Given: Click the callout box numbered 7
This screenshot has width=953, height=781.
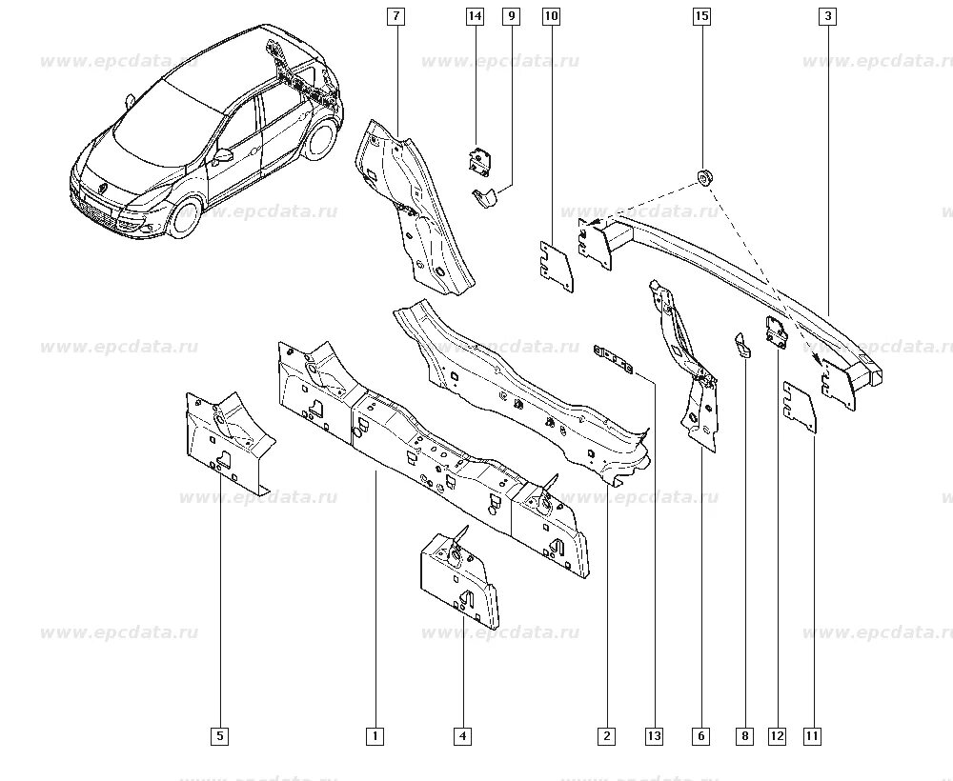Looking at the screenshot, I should [x=395, y=16].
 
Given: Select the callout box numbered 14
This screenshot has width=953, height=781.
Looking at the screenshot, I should [x=475, y=16].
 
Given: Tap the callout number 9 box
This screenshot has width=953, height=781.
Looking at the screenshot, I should [x=511, y=16].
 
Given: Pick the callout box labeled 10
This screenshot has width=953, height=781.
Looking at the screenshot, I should [x=551, y=16].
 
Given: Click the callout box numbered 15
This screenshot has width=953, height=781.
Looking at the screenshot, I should [x=701, y=16].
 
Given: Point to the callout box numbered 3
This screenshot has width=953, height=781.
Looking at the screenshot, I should [x=827, y=16].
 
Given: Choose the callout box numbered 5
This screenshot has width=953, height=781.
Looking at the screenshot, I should [x=221, y=735].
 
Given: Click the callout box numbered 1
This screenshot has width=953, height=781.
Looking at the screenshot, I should [x=375, y=735].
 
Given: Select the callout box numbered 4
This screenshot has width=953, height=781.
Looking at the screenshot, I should [x=462, y=735].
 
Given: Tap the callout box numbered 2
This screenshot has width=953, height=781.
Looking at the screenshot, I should [x=607, y=735].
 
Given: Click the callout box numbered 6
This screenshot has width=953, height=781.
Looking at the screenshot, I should [x=702, y=735].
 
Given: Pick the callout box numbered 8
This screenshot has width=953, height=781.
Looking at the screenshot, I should [x=744, y=735].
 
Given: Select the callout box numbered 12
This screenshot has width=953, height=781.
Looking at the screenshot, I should [x=777, y=735].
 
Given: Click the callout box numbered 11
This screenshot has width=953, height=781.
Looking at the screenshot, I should [x=812, y=735].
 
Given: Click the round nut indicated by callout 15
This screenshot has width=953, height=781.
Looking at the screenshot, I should [x=704, y=175].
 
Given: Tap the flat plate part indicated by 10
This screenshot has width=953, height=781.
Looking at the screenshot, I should [x=552, y=265].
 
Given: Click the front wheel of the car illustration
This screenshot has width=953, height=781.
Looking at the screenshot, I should [x=183, y=218].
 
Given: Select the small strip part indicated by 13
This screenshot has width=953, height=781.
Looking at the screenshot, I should [x=615, y=361].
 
